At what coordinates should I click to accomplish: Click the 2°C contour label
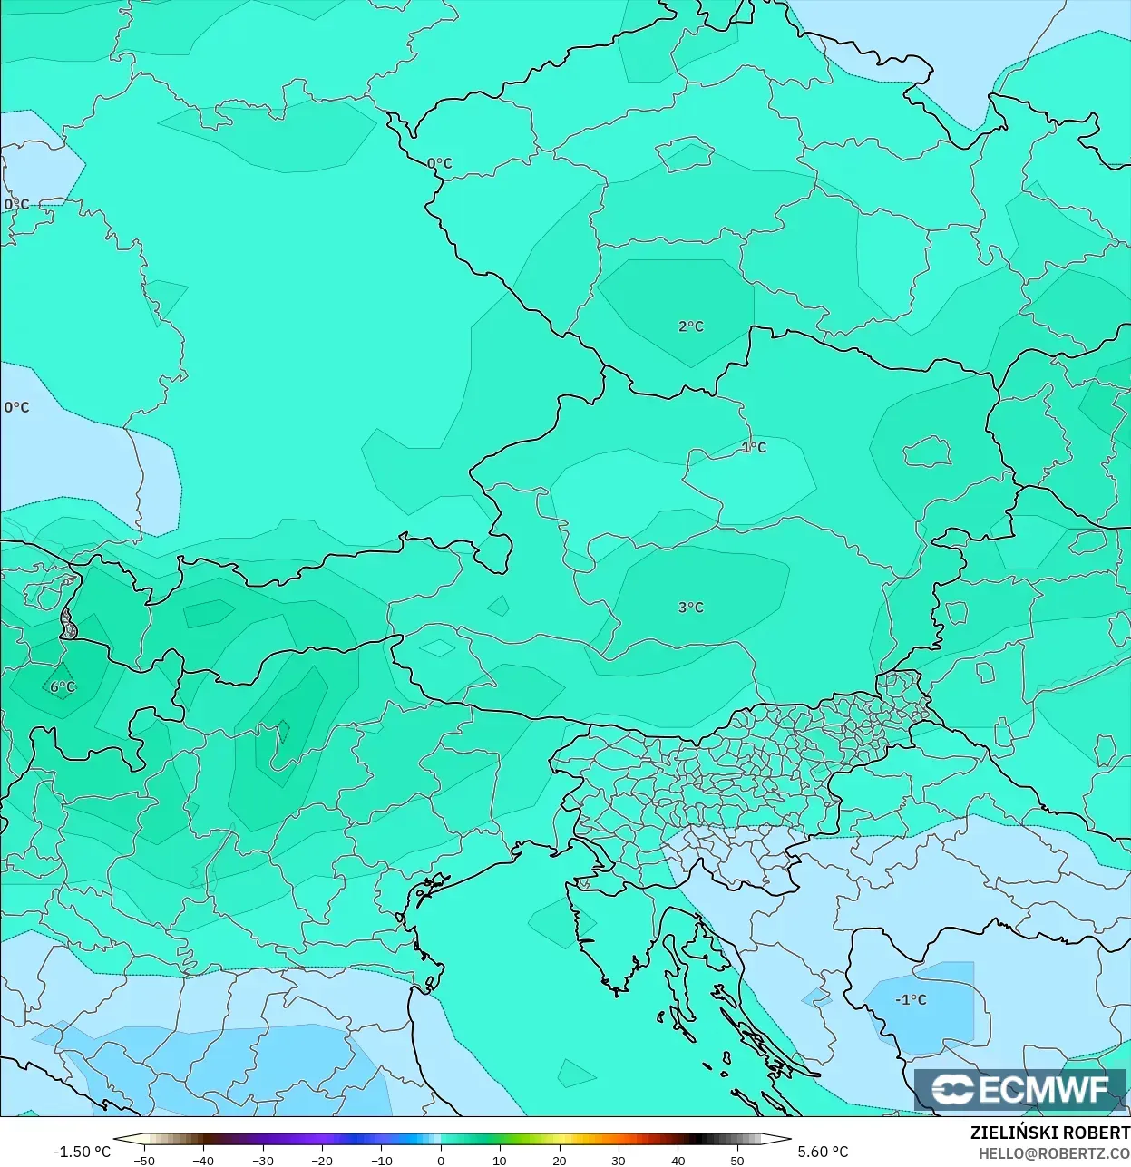click(690, 326)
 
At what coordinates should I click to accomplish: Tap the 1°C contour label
click(754, 448)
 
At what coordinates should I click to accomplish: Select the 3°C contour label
click(690, 608)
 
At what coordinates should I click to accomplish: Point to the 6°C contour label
click(63, 687)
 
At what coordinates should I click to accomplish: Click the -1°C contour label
click(911, 1000)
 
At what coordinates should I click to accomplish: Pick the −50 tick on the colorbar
click(144, 1160)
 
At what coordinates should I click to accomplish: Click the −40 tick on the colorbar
click(203, 1160)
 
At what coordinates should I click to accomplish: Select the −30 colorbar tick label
click(263, 1160)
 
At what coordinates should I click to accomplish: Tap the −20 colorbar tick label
click(322, 1160)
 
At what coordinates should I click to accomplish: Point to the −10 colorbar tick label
click(382, 1160)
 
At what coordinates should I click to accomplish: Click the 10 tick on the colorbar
click(500, 1160)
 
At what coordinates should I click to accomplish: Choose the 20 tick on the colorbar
click(560, 1160)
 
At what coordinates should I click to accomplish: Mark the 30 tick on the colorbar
click(619, 1160)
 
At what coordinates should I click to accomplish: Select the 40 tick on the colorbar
click(678, 1160)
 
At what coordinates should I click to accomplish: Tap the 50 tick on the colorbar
click(737, 1160)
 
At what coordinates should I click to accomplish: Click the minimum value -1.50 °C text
click(82, 1152)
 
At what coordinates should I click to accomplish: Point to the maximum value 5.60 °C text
click(823, 1152)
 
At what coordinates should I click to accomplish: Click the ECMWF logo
click(1020, 1090)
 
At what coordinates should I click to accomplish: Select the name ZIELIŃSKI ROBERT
click(1049, 1133)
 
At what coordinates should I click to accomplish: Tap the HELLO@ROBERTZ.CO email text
click(1054, 1153)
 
